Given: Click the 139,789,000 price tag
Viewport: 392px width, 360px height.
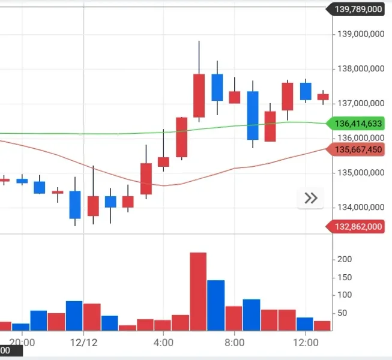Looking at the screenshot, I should [x=358, y=9].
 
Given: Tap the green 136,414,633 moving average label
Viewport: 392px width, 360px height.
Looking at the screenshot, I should [x=358, y=124].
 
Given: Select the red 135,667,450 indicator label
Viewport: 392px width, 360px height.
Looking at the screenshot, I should [x=358, y=149].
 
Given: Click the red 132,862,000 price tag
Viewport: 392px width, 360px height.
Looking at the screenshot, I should [x=358, y=226].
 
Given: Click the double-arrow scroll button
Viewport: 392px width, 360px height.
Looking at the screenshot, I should [x=311, y=199].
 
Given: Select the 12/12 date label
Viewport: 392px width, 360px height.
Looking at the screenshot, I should [x=83, y=343].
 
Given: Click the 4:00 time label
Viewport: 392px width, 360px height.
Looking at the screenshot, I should [x=163, y=343].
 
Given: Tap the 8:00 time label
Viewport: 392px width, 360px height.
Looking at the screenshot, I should [x=234, y=343].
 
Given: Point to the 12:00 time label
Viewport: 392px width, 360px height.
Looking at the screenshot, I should [x=305, y=343].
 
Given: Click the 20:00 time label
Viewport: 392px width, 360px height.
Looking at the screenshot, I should [x=22, y=343].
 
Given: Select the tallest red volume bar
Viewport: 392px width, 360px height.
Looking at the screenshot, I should [x=198, y=292].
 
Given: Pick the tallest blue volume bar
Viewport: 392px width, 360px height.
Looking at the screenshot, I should [x=216, y=305].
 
